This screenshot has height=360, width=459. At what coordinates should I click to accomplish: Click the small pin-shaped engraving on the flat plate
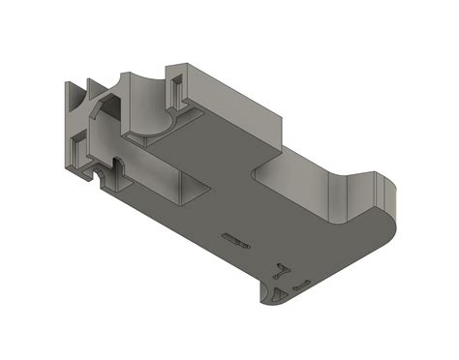[x=234, y=238]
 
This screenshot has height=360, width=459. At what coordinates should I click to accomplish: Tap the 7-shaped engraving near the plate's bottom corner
[x=283, y=270]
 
